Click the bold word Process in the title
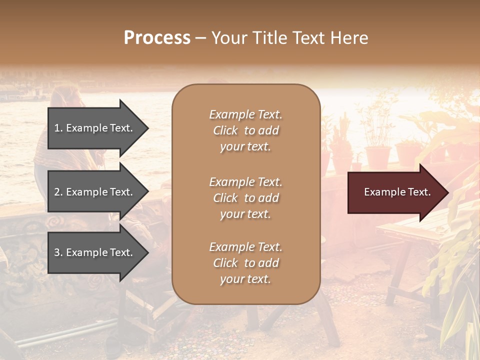[157, 38]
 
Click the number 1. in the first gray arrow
[58, 128]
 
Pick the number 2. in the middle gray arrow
[58, 192]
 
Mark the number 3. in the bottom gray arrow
[58, 252]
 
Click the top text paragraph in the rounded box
[245, 130]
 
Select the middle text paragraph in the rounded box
[245, 198]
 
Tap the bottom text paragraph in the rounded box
[245, 263]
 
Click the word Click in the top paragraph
[225, 130]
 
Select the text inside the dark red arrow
[397, 192]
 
